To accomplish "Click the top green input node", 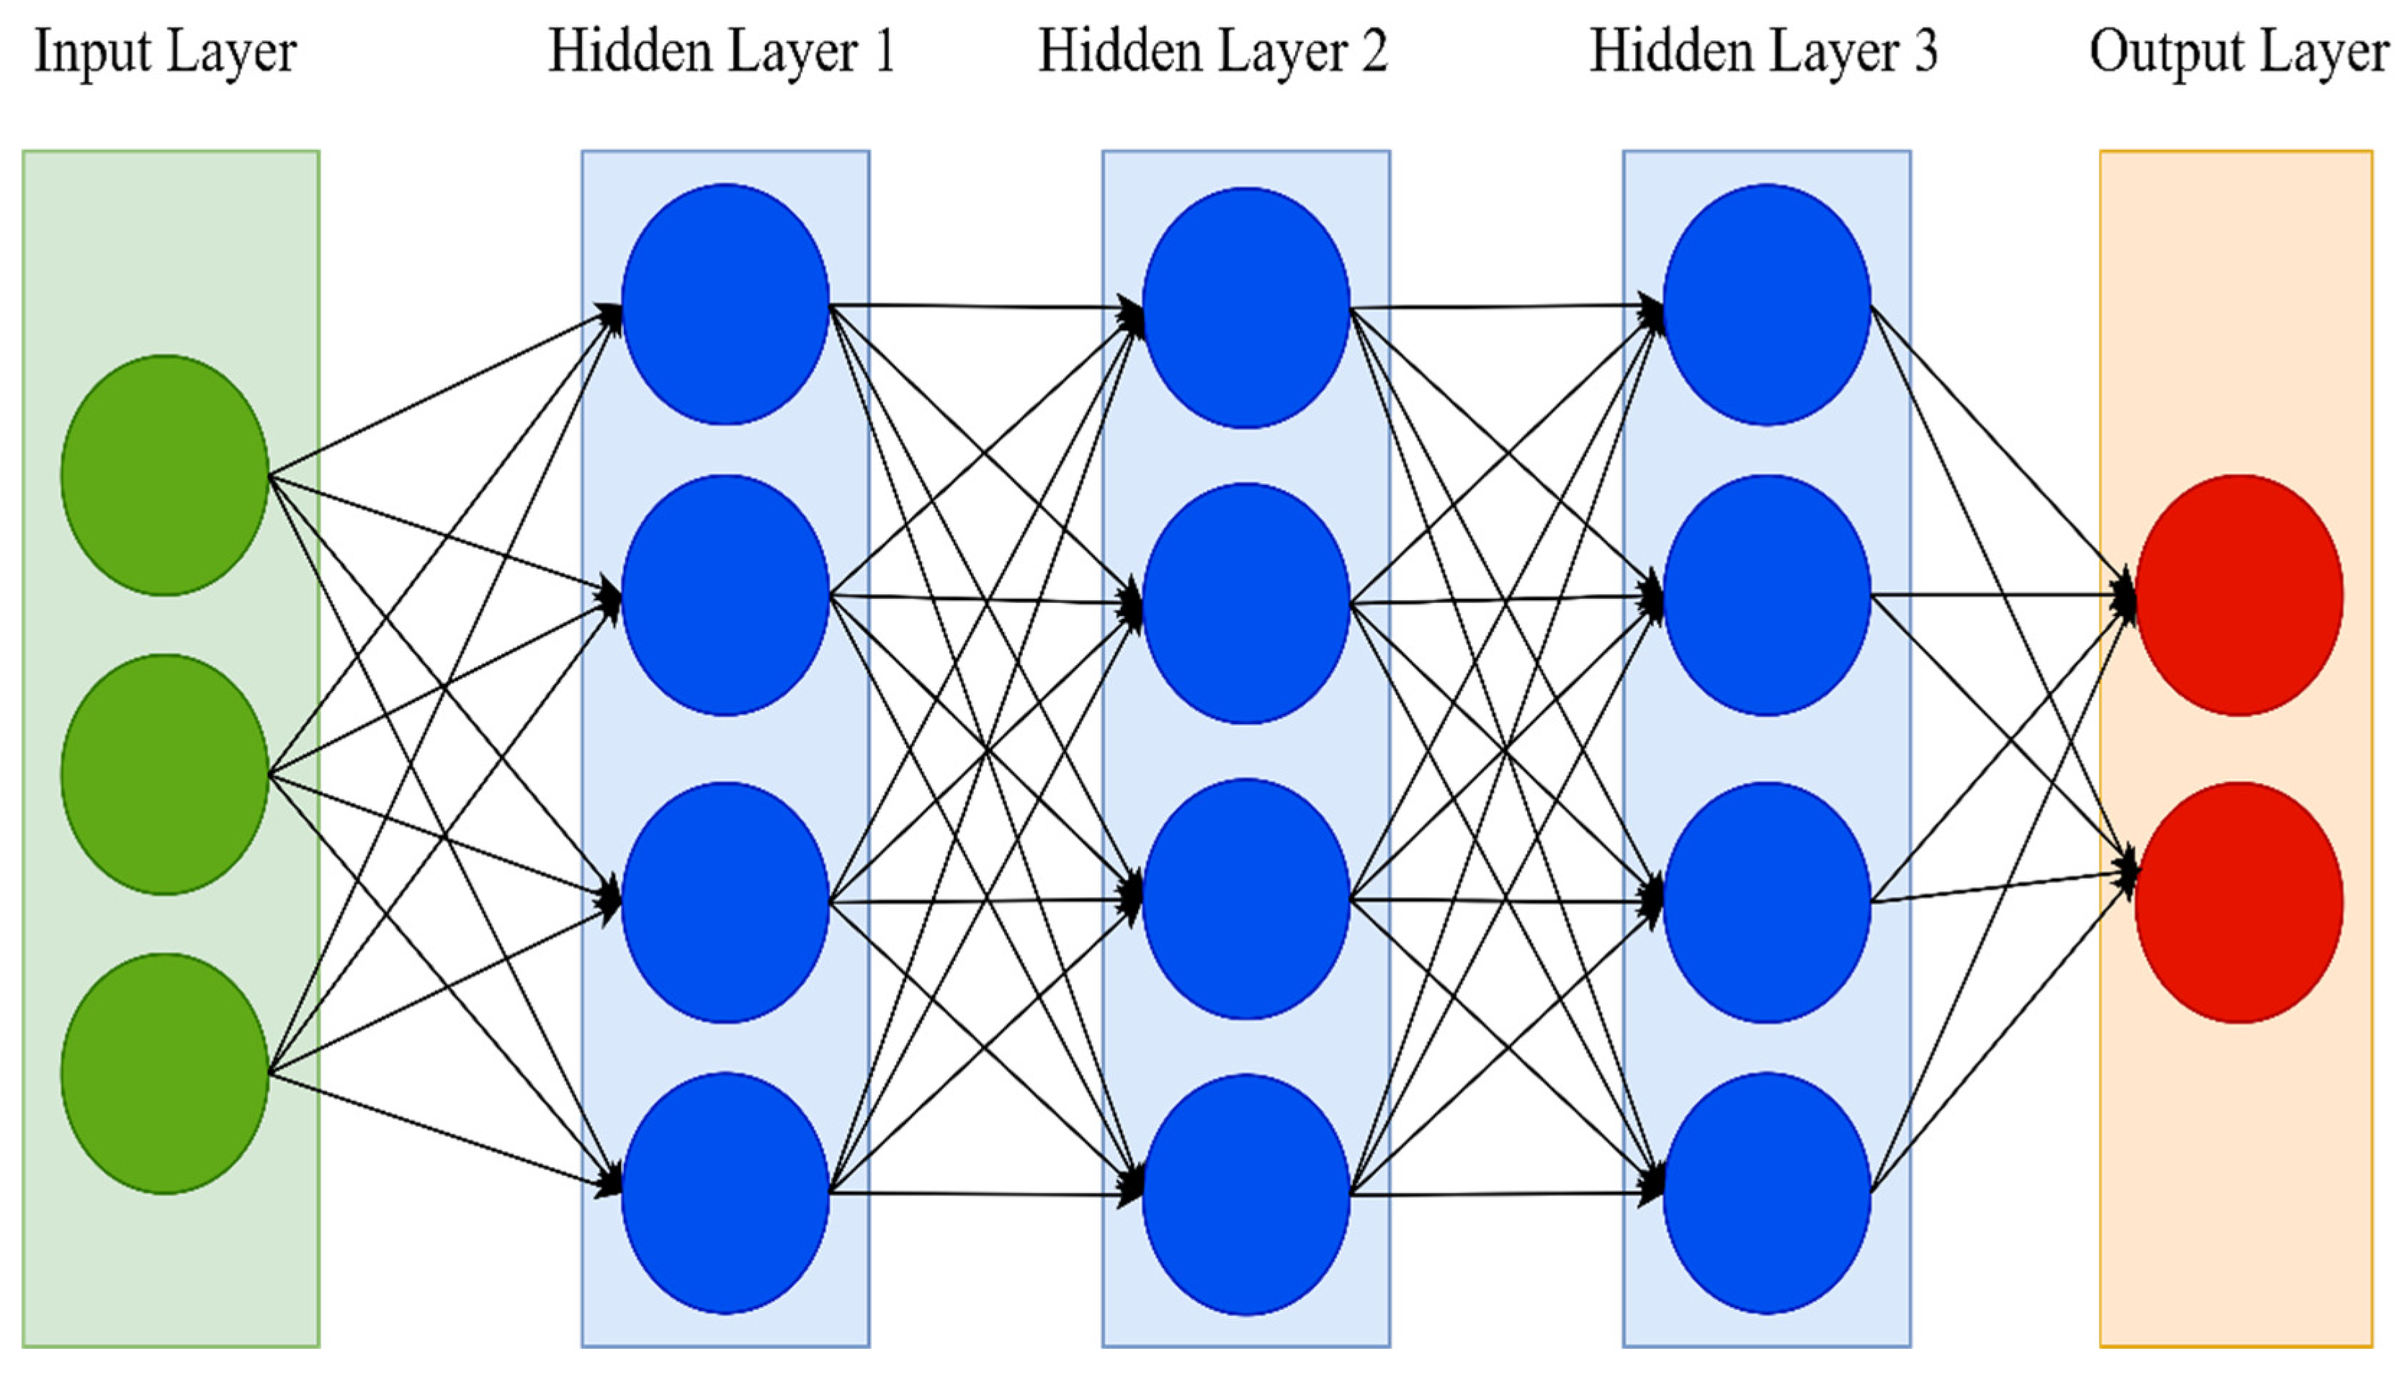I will (x=165, y=475).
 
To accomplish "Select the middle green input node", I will (x=165, y=774).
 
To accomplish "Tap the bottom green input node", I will (x=165, y=1073).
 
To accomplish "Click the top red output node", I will (x=2238, y=594).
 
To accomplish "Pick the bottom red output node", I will (x=2238, y=902).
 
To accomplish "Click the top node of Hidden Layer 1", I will (x=725, y=304).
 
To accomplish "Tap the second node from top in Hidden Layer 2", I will (x=1246, y=603).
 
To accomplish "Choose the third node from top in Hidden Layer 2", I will (x=1246, y=898).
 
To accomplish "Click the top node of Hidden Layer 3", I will (x=1767, y=304).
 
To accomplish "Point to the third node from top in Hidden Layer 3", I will (x=1767, y=902).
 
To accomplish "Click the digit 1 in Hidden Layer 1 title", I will (x=883, y=52).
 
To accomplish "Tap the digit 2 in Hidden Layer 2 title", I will (x=1374, y=52).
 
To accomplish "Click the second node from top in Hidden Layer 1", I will (x=725, y=594).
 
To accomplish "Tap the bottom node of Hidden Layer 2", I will (x=1246, y=1194).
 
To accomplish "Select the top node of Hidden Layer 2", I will (x=1246, y=308).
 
